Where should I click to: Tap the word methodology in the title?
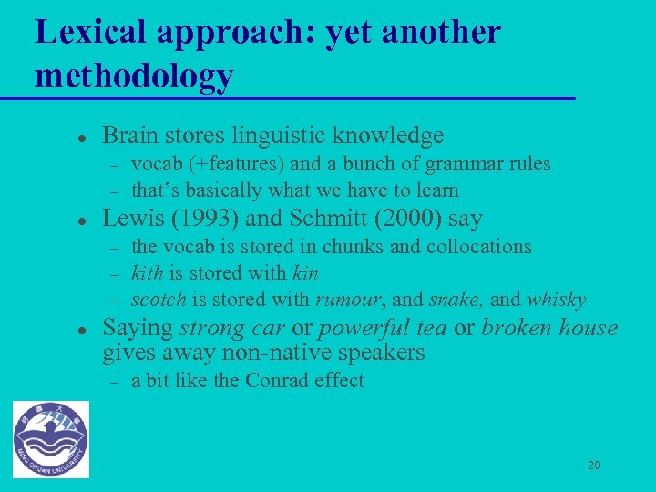[134, 76]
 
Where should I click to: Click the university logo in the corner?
[51, 439]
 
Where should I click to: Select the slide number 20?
[593, 466]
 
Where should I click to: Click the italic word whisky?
[556, 300]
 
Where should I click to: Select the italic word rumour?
[349, 300]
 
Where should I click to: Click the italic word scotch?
[159, 300]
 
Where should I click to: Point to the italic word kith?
[147, 273]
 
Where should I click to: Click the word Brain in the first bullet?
[128, 136]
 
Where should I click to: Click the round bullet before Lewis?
[56, 220]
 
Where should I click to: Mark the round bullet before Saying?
[56, 329]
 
